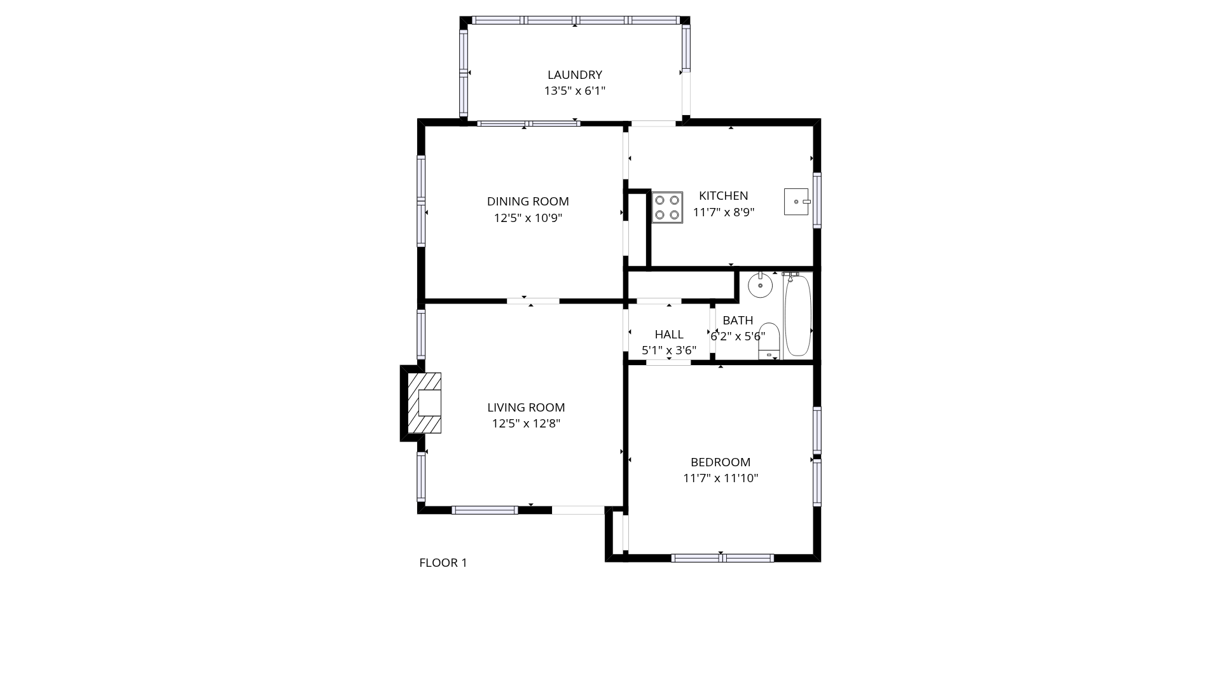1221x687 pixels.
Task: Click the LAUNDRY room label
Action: tap(574, 75)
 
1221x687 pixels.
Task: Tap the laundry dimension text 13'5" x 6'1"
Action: tap(574, 91)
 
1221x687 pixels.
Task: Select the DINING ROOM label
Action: tap(528, 202)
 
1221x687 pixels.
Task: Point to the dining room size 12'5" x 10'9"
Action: tap(528, 218)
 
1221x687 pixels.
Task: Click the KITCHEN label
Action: tap(724, 196)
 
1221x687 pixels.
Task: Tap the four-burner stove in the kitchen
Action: tap(667, 207)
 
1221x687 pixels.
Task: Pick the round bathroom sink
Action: tap(760, 285)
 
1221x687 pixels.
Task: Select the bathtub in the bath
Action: tap(797, 314)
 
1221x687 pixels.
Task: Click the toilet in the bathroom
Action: tap(769, 341)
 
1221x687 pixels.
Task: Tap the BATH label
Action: tap(738, 321)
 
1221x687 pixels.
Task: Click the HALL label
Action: tap(669, 335)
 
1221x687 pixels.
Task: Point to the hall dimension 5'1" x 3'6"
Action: tap(669, 350)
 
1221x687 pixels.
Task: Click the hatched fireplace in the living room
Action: tap(424, 403)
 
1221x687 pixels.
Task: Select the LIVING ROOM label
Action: tap(526, 408)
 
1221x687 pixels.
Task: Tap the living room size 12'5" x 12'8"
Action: tap(526, 424)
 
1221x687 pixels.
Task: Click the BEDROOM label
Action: tap(721, 462)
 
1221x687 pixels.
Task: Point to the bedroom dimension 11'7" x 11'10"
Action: tap(721, 478)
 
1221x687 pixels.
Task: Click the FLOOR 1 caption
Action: tap(443, 563)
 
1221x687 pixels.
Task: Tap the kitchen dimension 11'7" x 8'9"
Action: tap(724, 212)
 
